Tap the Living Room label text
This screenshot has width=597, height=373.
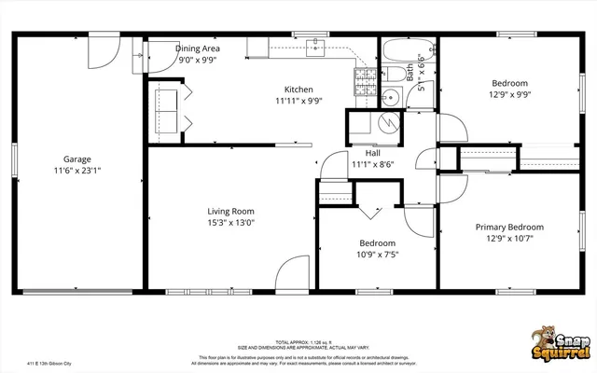230,211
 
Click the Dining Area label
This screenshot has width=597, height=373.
198,48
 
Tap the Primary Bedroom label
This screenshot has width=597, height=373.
509,227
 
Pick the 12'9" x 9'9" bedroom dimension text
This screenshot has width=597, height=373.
509,94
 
